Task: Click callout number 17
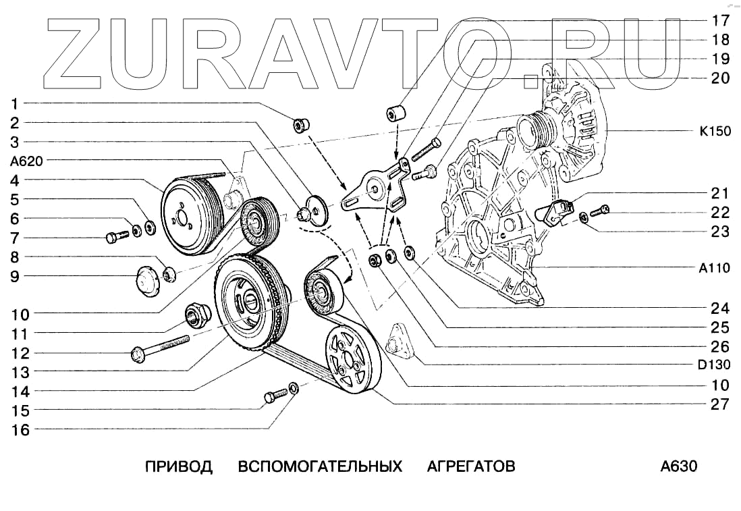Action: point(720,20)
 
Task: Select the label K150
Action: point(715,132)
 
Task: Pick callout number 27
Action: point(720,404)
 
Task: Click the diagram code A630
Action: point(678,466)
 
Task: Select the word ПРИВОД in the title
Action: point(179,466)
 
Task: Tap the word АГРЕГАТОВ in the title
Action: point(471,466)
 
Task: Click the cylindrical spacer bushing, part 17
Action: point(395,113)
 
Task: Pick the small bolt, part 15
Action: point(273,396)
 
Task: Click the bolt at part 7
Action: point(116,236)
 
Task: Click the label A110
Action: point(714,268)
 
